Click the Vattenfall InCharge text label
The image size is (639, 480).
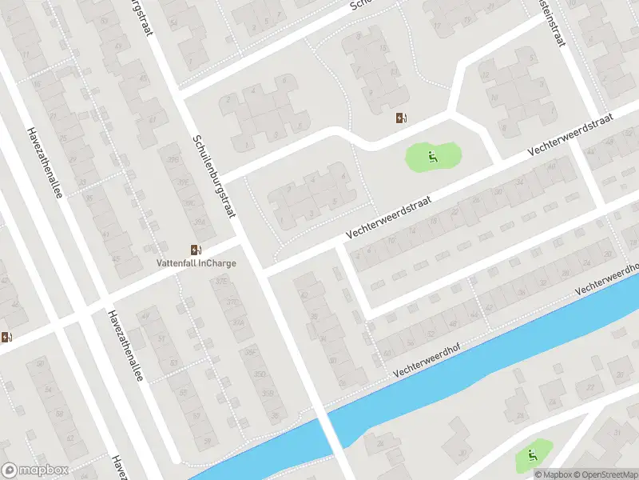[x=196, y=262]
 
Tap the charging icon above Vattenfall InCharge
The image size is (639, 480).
[x=196, y=250]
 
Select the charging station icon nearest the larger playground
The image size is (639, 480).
[x=401, y=118]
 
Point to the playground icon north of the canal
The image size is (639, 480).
[x=433, y=157]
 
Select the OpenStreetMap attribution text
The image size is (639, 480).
[x=605, y=474]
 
